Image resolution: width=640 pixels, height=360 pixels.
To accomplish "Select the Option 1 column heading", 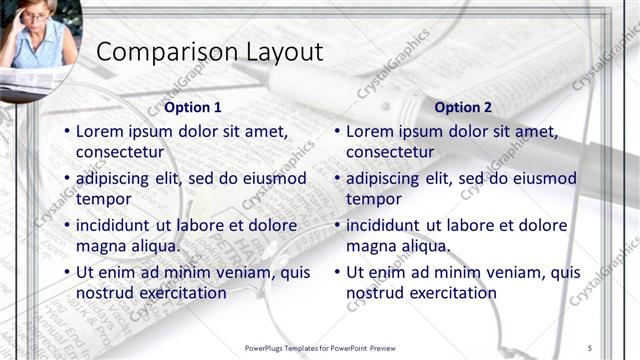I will click(192, 107).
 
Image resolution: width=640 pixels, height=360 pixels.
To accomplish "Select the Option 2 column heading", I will click(463, 107).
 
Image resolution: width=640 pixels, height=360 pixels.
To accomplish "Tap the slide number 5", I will click(590, 347).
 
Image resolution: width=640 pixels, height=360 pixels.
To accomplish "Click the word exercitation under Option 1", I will click(180, 293).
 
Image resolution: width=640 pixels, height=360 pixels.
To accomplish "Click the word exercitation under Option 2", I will click(450, 293).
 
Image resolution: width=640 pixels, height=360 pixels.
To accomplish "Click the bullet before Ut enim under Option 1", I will click(66, 272).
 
